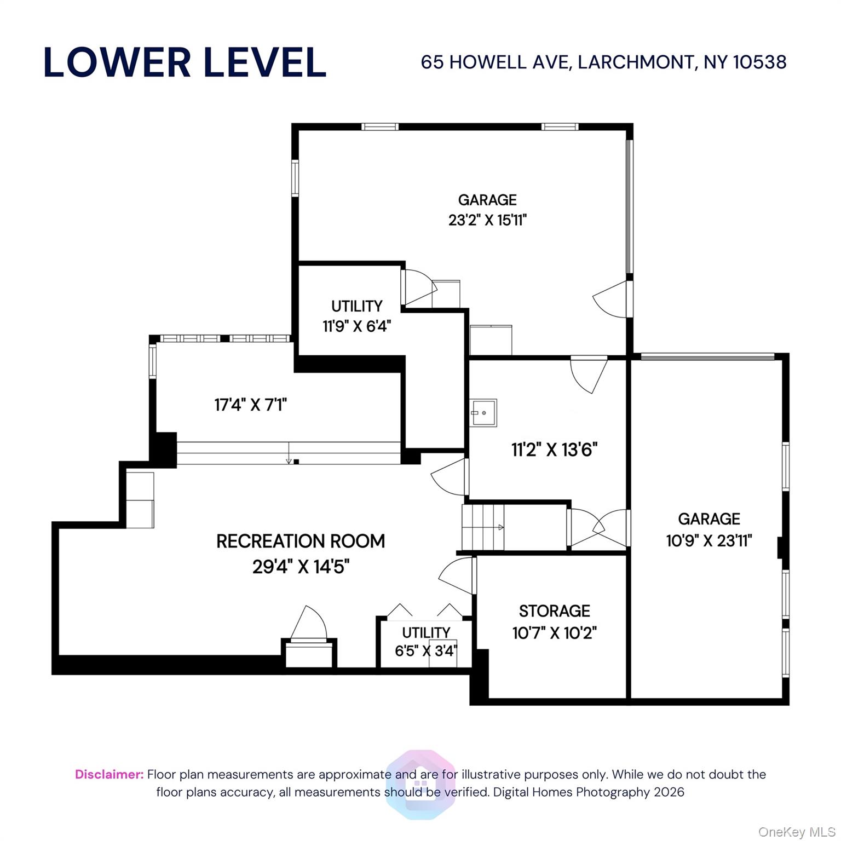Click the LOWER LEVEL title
point(185,62)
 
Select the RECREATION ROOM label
point(301,541)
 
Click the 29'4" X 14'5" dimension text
point(301,566)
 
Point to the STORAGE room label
point(554,610)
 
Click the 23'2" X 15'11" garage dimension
point(487,220)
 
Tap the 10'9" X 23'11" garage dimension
point(708,541)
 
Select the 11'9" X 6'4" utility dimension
point(356,326)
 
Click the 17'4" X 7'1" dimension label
point(250,405)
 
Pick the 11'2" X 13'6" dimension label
point(554,450)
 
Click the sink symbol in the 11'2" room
point(483,412)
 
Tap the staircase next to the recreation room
point(483,527)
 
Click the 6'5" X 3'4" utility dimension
point(425,651)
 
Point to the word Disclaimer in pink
point(109,774)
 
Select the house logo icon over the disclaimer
point(420,784)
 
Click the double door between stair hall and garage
point(599,528)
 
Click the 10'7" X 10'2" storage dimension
point(554,633)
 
